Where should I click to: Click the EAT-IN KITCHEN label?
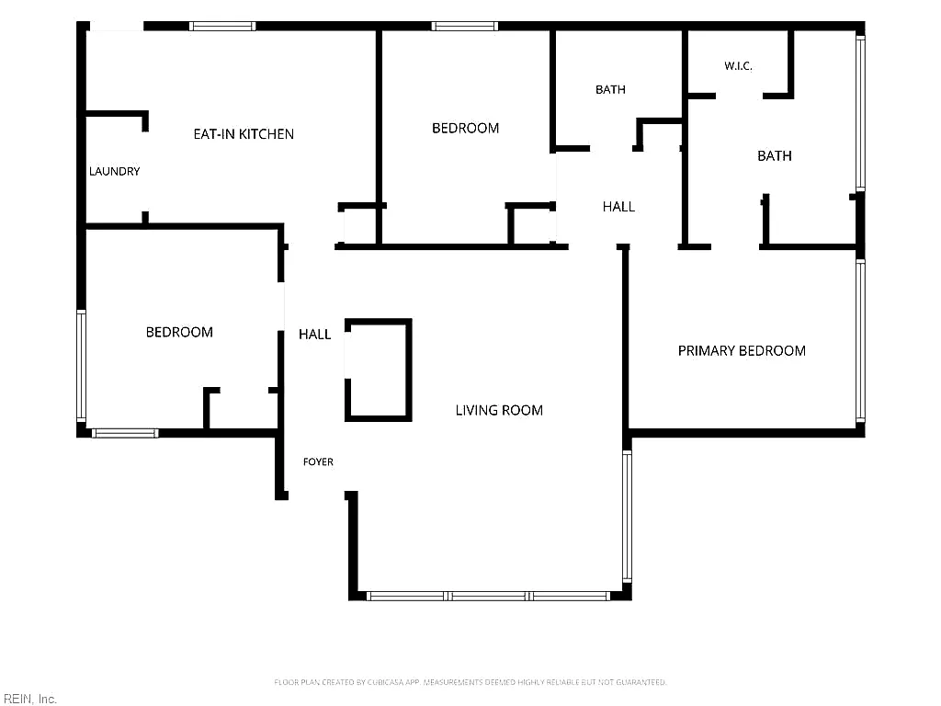pos(244,134)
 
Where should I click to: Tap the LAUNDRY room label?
pos(114,171)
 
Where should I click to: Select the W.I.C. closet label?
pos(738,65)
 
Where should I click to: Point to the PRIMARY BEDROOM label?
pos(742,350)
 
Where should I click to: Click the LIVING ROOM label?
pos(499,410)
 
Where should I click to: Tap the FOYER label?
pos(318,461)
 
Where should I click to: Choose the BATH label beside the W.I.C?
pos(774,155)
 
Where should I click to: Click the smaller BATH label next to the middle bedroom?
pos(610,89)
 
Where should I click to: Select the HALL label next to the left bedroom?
pos(315,335)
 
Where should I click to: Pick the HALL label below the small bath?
pos(618,207)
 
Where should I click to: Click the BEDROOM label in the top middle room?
pos(465,128)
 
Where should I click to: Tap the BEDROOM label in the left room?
pos(179,332)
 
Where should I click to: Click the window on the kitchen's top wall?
pos(222,27)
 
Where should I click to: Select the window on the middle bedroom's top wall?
pos(464,27)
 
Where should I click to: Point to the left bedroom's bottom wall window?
pos(125,433)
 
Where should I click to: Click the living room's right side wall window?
pos(627,517)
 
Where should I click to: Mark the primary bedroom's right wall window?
pos(860,340)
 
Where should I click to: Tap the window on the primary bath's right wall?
pos(860,113)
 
